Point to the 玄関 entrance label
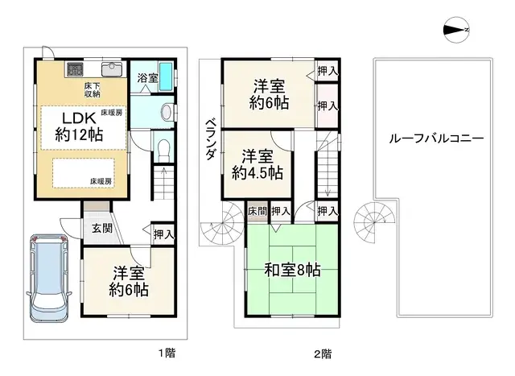tap(101, 228)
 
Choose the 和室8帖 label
tap(292, 270)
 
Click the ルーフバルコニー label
tap(435, 138)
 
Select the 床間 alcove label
tap(257, 211)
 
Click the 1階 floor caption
tap(167, 353)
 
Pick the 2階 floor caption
tap(323, 353)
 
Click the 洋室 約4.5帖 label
tap(257, 163)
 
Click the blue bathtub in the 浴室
tap(167, 78)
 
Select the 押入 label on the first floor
tap(163, 234)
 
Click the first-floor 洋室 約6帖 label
tap(130, 280)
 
